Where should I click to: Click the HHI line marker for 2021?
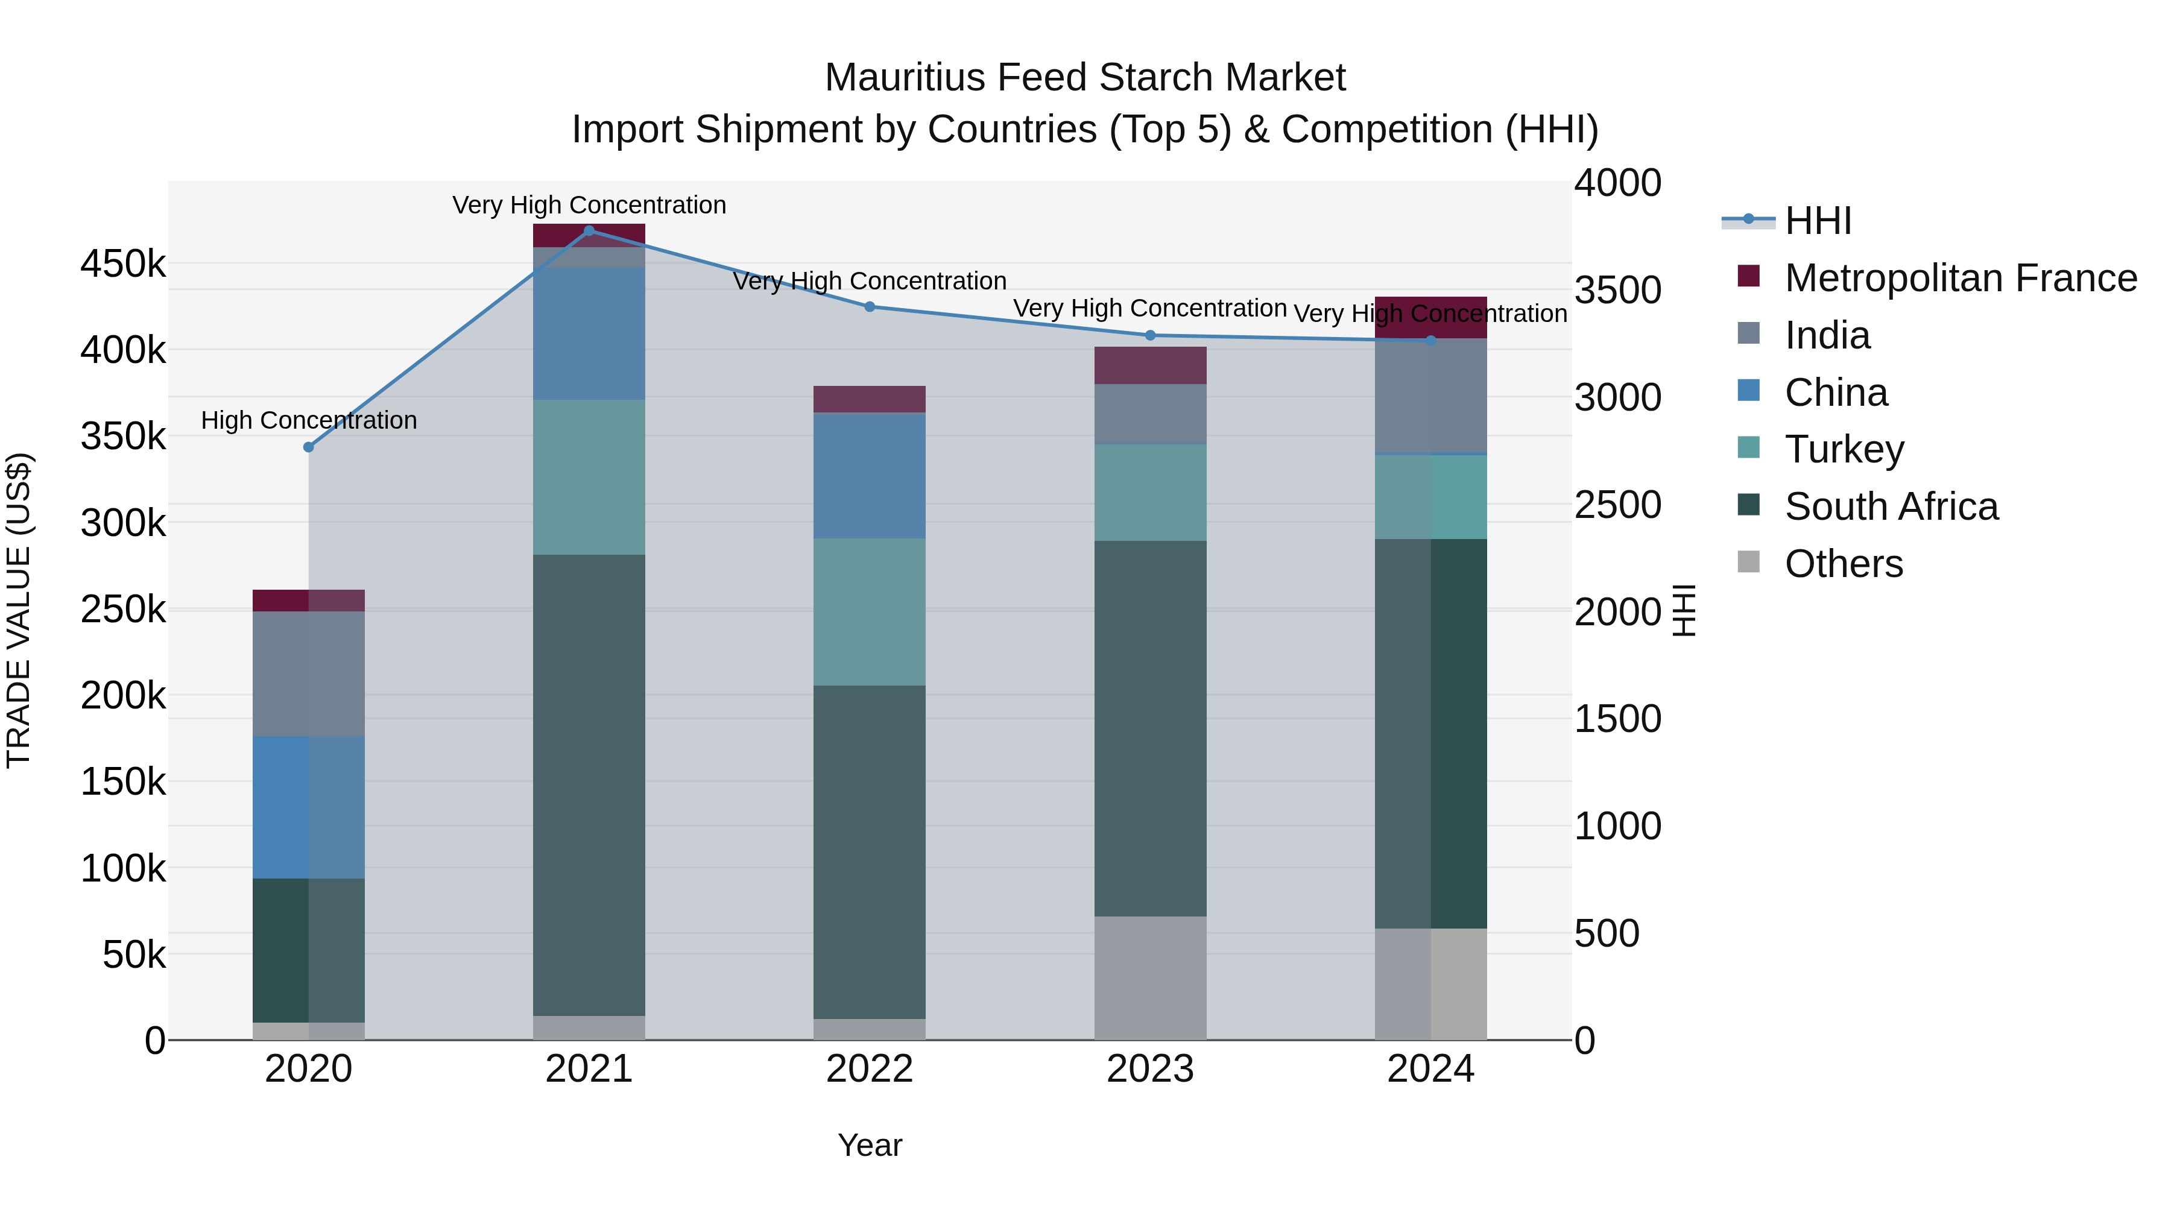tap(589, 231)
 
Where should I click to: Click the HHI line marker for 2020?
tap(308, 447)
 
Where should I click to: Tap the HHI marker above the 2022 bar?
tap(870, 307)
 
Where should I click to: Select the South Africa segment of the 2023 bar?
tap(1151, 729)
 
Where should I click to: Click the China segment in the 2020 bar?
tap(308, 807)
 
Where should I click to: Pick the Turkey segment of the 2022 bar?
tap(870, 612)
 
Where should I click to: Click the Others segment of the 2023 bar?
tap(1151, 977)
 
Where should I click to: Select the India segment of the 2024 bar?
tap(1431, 396)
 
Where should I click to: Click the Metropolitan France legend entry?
tap(1959, 278)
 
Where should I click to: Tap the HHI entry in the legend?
tap(1817, 221)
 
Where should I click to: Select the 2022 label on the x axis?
tap(870, 1069)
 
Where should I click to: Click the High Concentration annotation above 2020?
tap(308, 420)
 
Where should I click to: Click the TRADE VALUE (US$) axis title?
tap(19, 610)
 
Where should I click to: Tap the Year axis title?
tap(870, 1145)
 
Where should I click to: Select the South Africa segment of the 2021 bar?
tap(589, 784)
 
